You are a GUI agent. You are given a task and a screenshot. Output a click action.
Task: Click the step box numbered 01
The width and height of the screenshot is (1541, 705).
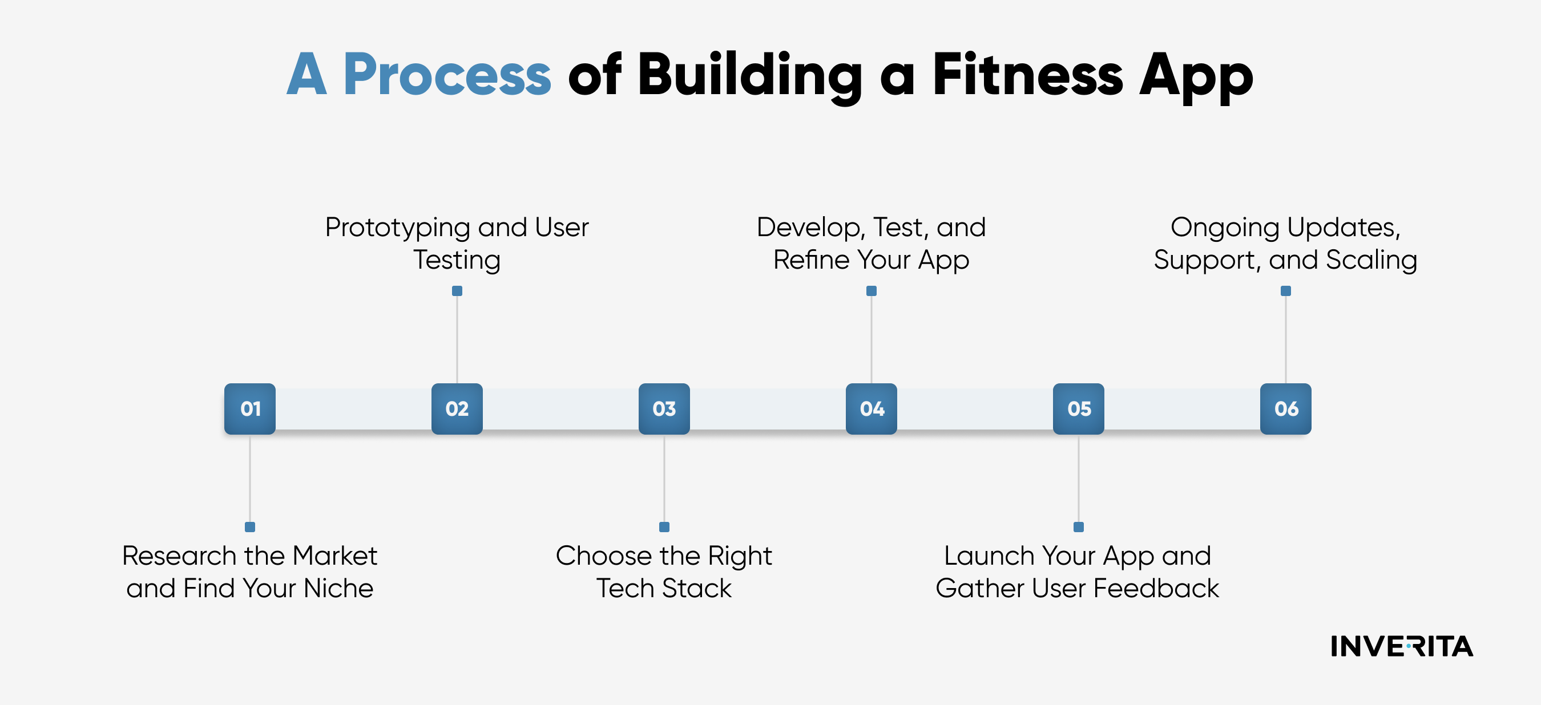pyautogui.click(x=250, y=409)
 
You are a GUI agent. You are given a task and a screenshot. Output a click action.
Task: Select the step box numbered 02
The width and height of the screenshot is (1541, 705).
pyautogui.click(x=457, y=409)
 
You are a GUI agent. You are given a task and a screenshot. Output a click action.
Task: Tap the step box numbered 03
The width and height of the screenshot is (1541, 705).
pyautogui.click(x=664, y=409)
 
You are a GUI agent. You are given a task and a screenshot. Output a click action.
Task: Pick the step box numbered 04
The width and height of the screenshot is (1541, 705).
pyautogui.click(x=872, y=409)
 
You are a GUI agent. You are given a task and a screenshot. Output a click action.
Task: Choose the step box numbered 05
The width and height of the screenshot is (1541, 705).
pyautogui.click(x=1079, y=409)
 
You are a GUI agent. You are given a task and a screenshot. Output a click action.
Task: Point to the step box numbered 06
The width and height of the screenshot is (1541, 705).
pyautogui.click(x=1285, y=409)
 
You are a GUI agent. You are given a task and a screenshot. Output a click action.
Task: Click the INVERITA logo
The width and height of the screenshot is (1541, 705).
pyautogui.click(x=1402, y=646)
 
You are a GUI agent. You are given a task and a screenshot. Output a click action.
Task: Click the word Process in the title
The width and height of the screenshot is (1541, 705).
pyautogui.click(x=447, y=75)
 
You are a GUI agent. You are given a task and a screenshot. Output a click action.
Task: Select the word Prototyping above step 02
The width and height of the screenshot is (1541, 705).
pyautogui.click(x=397, y=228)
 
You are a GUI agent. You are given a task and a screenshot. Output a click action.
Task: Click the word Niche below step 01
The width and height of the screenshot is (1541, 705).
pyautogui.click(x=338, y=589)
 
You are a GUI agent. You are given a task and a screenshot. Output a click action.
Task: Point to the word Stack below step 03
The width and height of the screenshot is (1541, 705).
pyautogui.click(x=697, y=589)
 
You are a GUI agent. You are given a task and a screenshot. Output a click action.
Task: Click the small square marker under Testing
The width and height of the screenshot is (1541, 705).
pyautogui.click(x=457, y=291)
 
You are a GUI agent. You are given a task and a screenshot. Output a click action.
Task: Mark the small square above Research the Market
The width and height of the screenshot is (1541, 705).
pyautogui.click(x=250, y=527)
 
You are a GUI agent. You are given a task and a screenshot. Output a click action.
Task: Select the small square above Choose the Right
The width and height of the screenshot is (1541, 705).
pyautogui.click(x=664, y=527)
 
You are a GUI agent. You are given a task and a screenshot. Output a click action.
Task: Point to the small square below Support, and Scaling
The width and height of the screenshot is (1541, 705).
pyautogui.click(x=1285, y=291)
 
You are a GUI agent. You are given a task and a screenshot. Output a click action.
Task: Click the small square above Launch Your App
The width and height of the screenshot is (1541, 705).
pyautogui.click(x=1079, y=527)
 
